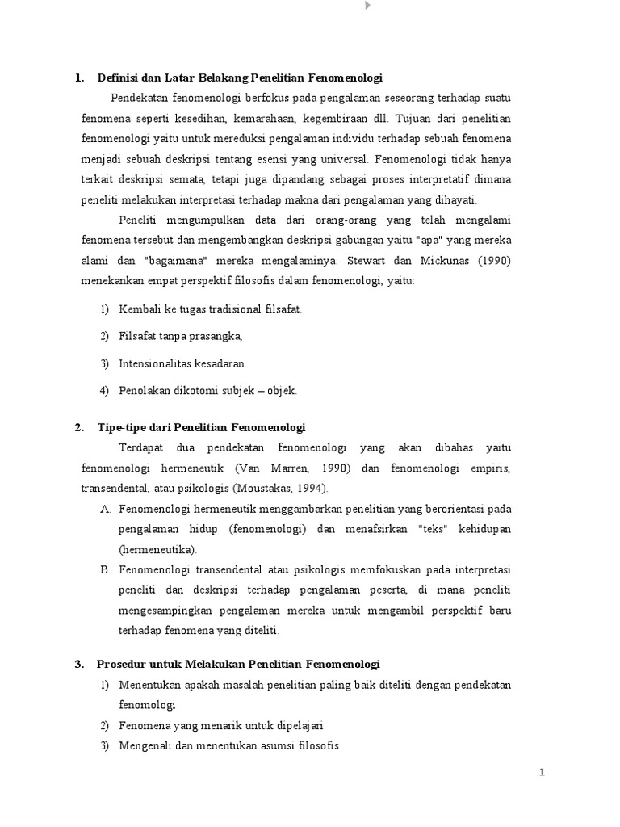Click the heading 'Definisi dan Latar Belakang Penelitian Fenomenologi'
(x=239, y=78)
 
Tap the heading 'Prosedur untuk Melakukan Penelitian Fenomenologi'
(x=238, y=664)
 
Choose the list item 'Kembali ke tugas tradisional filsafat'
(x=211, y=309)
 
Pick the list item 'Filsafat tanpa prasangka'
(x=181, y=336)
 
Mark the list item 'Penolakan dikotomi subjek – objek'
(x=208, y=390)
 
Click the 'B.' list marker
(x=105, y=569)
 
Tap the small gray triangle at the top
(x=368, y=6)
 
